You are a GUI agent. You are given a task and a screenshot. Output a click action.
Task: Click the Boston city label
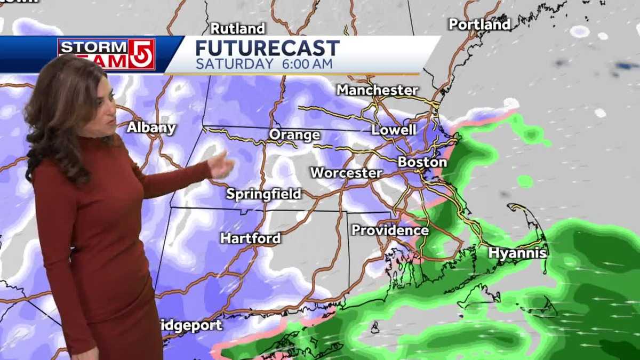422,162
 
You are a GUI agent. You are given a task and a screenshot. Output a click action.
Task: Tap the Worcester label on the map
346,173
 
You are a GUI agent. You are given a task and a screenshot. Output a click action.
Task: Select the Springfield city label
263,194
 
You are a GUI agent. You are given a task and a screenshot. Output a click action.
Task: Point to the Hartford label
250,238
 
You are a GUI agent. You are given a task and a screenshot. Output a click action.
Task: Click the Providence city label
390,230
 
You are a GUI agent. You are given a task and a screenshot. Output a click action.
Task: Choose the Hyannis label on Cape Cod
517,253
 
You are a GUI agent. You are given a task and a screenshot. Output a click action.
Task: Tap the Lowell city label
394,130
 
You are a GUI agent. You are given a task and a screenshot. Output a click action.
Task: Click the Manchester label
377,90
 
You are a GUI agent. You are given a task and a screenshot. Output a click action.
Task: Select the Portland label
479,24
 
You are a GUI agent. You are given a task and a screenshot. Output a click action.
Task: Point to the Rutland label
238,28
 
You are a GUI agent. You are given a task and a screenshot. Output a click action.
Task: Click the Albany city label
151,127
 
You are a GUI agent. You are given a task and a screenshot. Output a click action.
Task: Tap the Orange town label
294,135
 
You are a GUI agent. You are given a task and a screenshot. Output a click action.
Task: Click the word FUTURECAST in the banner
267,48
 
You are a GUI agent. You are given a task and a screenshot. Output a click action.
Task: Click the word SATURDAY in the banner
234,64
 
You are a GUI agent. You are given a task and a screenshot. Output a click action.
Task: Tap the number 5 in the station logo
141,54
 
